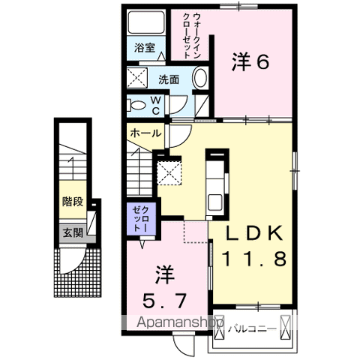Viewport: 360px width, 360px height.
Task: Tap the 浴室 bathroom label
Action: point(145,47)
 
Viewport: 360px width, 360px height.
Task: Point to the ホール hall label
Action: point(145,133)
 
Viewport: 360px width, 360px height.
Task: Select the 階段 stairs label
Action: point(72,201)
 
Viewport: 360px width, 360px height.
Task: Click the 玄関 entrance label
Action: point(72,232)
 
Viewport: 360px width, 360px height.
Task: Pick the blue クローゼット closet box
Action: point(139,217)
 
